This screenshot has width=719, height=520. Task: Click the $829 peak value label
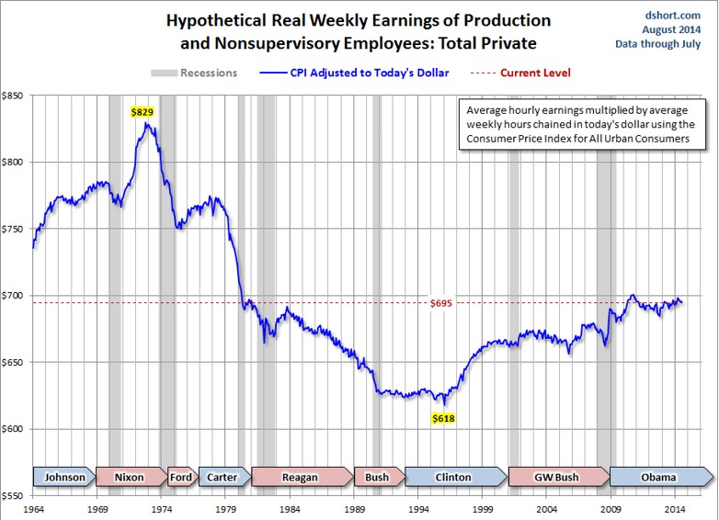click(143, 111)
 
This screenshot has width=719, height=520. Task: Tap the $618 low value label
click(444, 418)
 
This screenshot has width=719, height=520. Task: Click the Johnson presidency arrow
click(65, 477)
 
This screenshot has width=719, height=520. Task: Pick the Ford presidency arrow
click(181, 477)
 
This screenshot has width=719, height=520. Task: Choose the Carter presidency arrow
click(223, 477)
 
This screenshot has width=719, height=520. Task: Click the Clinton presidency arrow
click(452, 477)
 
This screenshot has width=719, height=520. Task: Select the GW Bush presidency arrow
click(556, 477)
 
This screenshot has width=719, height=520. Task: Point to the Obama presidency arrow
click(658, 477)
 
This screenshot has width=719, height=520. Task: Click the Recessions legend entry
click(194, 73)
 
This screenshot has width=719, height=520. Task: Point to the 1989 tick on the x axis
click(354, 508)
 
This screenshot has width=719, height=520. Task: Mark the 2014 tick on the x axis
click(675, 508)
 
